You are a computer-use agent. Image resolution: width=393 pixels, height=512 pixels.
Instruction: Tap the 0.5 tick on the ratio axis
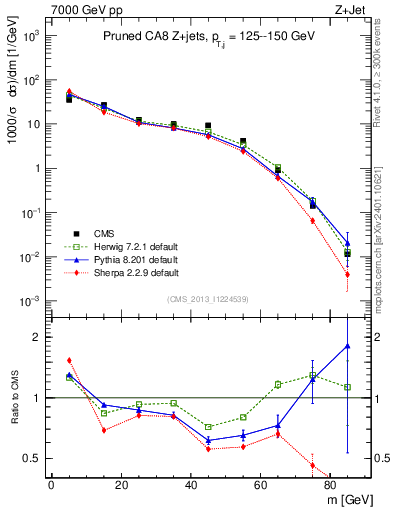click(x=35, y=458)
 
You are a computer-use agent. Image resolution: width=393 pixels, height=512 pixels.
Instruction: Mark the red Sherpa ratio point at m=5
click(x=69, y=360)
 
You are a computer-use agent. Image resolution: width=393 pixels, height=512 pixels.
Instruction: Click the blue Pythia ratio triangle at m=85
click(x=347, y=346)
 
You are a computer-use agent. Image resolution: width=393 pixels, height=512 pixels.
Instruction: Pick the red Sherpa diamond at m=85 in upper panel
click(x=347, y=274)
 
